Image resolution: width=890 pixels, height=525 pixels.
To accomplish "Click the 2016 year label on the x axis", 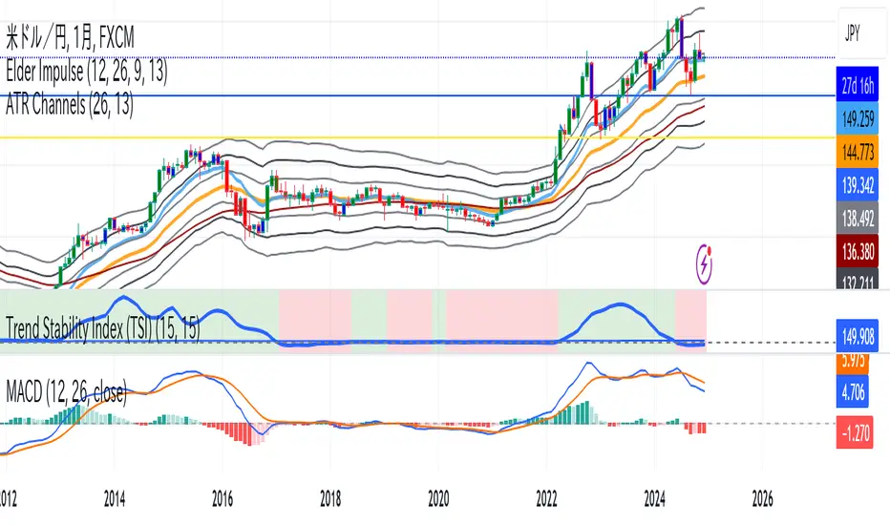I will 222,497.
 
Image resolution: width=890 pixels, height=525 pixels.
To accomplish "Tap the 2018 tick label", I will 330,497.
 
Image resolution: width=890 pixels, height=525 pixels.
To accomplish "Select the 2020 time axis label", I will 438,497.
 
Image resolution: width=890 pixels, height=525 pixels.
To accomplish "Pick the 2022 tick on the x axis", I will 546,497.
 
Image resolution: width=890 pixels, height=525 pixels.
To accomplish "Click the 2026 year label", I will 762,497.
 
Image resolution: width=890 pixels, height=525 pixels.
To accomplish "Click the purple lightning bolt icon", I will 709,262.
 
